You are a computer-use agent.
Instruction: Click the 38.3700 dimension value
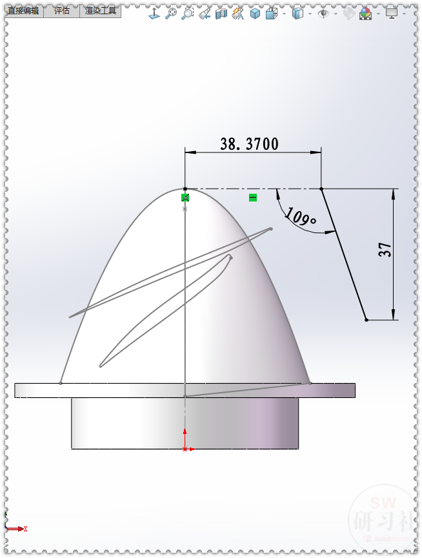tap(249, 143)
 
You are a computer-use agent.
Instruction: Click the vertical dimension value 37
tap(385, 250)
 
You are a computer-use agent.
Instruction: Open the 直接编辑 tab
tap(23, 11)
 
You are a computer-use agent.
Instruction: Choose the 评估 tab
tap(62, 11)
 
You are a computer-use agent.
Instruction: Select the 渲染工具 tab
tap(100, 11)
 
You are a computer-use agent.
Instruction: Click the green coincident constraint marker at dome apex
tap(185, 197)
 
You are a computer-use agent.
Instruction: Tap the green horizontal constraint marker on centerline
tap(253, 197)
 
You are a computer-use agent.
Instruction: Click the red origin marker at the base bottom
tap(185, 448)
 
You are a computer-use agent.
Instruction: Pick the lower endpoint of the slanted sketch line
tap(366, 320)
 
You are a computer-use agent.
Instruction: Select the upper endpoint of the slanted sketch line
tap(321, 189)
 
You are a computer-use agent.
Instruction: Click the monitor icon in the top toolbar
tap(391, 12)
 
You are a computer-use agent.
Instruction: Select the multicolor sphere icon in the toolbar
tap(365, 13)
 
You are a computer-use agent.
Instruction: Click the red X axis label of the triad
tap(25, 529)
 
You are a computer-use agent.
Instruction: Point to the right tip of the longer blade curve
tap(270, 229)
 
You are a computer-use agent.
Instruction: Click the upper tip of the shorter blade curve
tap(230, 257)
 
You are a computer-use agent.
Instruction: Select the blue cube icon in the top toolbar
tap(255, 13)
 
